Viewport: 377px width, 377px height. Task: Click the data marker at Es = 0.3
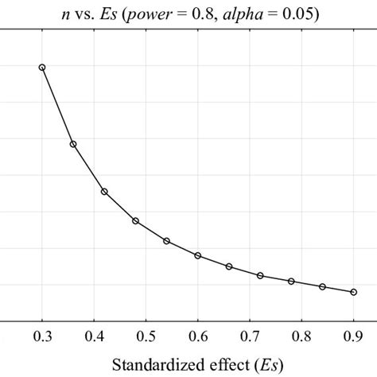click(42, 68)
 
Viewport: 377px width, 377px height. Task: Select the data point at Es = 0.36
click(73, 144)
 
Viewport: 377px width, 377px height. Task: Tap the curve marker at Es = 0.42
click(104, 192)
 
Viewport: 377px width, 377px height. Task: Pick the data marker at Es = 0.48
click(135, 220)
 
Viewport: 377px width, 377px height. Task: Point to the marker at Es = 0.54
click(166, 241)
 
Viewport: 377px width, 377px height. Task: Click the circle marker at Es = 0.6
click(197, 255)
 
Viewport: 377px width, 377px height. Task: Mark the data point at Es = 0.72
click(260, 275)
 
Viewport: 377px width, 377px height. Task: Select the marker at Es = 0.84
click(322, 286)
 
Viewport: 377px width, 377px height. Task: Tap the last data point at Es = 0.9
click(353, 292)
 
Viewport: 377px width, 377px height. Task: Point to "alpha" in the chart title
click(237, 10)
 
